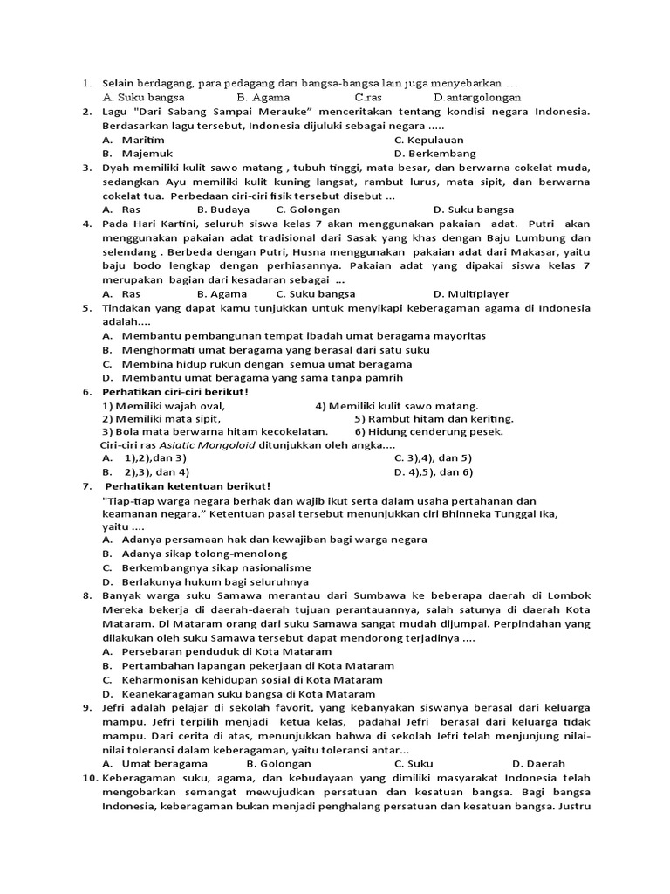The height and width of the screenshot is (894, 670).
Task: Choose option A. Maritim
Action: pos(134,140)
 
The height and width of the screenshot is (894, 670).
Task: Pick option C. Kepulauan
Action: pos(428,140)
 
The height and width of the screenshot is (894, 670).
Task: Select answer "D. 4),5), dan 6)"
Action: pos(433,472)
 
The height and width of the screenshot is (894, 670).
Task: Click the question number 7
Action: pos(86,486)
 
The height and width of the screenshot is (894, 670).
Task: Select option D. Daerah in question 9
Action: pos(538,763)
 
